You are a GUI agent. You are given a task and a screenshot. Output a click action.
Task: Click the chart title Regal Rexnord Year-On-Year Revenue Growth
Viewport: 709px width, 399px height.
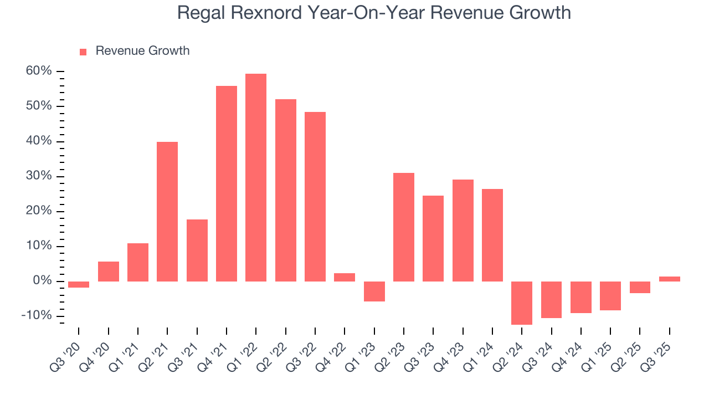(374, 13)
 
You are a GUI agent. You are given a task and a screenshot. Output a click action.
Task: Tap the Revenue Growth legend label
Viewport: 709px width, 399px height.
(142, 51)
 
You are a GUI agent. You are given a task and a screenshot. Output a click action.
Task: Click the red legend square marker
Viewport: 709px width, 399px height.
(83, 52)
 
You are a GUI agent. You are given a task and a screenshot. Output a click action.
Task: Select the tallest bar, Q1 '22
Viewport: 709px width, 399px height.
(256, 177)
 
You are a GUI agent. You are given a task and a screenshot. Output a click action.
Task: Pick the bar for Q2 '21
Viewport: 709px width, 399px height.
(167, 212)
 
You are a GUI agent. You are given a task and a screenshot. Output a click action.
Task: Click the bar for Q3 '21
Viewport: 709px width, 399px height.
(197, 250)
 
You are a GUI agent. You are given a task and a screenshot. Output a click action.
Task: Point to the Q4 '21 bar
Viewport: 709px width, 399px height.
(227, 183)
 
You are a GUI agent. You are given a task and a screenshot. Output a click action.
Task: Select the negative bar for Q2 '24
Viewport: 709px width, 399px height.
(522, 303)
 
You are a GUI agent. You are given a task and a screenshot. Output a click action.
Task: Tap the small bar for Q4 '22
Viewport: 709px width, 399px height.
(345, 277)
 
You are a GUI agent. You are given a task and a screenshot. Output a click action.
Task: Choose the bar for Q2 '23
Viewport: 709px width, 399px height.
(404, 227)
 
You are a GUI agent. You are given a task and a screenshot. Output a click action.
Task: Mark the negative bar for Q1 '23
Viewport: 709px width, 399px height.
(374, 291)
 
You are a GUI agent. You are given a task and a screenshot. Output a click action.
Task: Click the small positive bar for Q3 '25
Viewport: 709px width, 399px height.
(670, 279)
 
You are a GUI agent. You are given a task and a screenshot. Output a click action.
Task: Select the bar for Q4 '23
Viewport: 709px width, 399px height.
(463, 231)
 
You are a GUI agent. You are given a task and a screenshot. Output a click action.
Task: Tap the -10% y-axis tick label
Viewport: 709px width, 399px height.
(37, 316)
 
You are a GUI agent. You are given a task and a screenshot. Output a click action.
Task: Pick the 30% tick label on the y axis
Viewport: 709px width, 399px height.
(39, 176)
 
